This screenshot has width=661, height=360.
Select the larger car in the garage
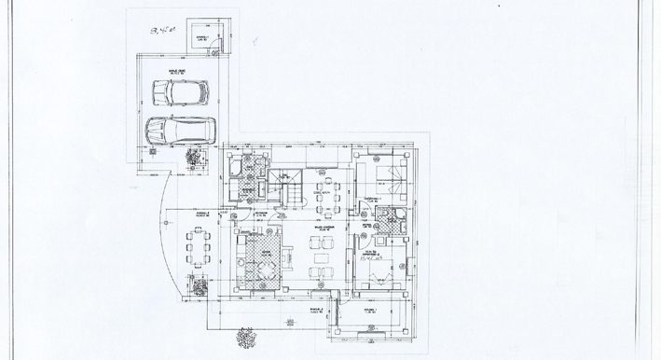point(180,131)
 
